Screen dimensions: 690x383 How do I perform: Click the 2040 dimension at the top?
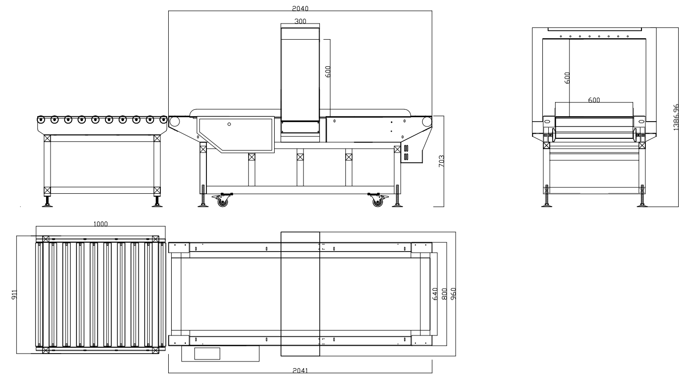click(x=300, y=8)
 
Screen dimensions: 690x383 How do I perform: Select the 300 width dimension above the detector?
click(x=300, y=21)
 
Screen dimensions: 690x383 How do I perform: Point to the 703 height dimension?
click(x=441, y=161)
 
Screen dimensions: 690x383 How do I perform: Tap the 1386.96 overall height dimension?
click(x=676, y=117)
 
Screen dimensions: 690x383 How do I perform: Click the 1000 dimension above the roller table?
click(x=101, y=224)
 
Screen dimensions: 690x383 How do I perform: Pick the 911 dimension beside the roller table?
click(x=15, y=295)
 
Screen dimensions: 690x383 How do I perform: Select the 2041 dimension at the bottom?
click(x=300, y=370)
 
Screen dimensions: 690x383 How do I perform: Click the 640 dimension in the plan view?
click(x=435, y=294)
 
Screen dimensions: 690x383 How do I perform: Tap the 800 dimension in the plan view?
click(x=444, y=294)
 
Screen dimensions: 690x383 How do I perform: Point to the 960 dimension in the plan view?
click(x=453, y=294)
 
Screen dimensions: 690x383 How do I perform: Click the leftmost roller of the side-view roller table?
click(x=41, y=119)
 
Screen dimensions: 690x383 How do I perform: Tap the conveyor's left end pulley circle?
click(x=175, y=122)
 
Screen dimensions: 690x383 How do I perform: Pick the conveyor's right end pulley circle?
click(x=427, y=122)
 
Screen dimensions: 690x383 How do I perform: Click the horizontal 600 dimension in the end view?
click(x=594, y=100)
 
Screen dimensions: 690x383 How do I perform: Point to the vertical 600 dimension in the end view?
click(x=567, y=77)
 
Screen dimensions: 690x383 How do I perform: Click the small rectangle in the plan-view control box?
click(x=207, y=354)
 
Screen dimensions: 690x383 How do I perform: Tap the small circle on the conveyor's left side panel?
click(x=229, y=124)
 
